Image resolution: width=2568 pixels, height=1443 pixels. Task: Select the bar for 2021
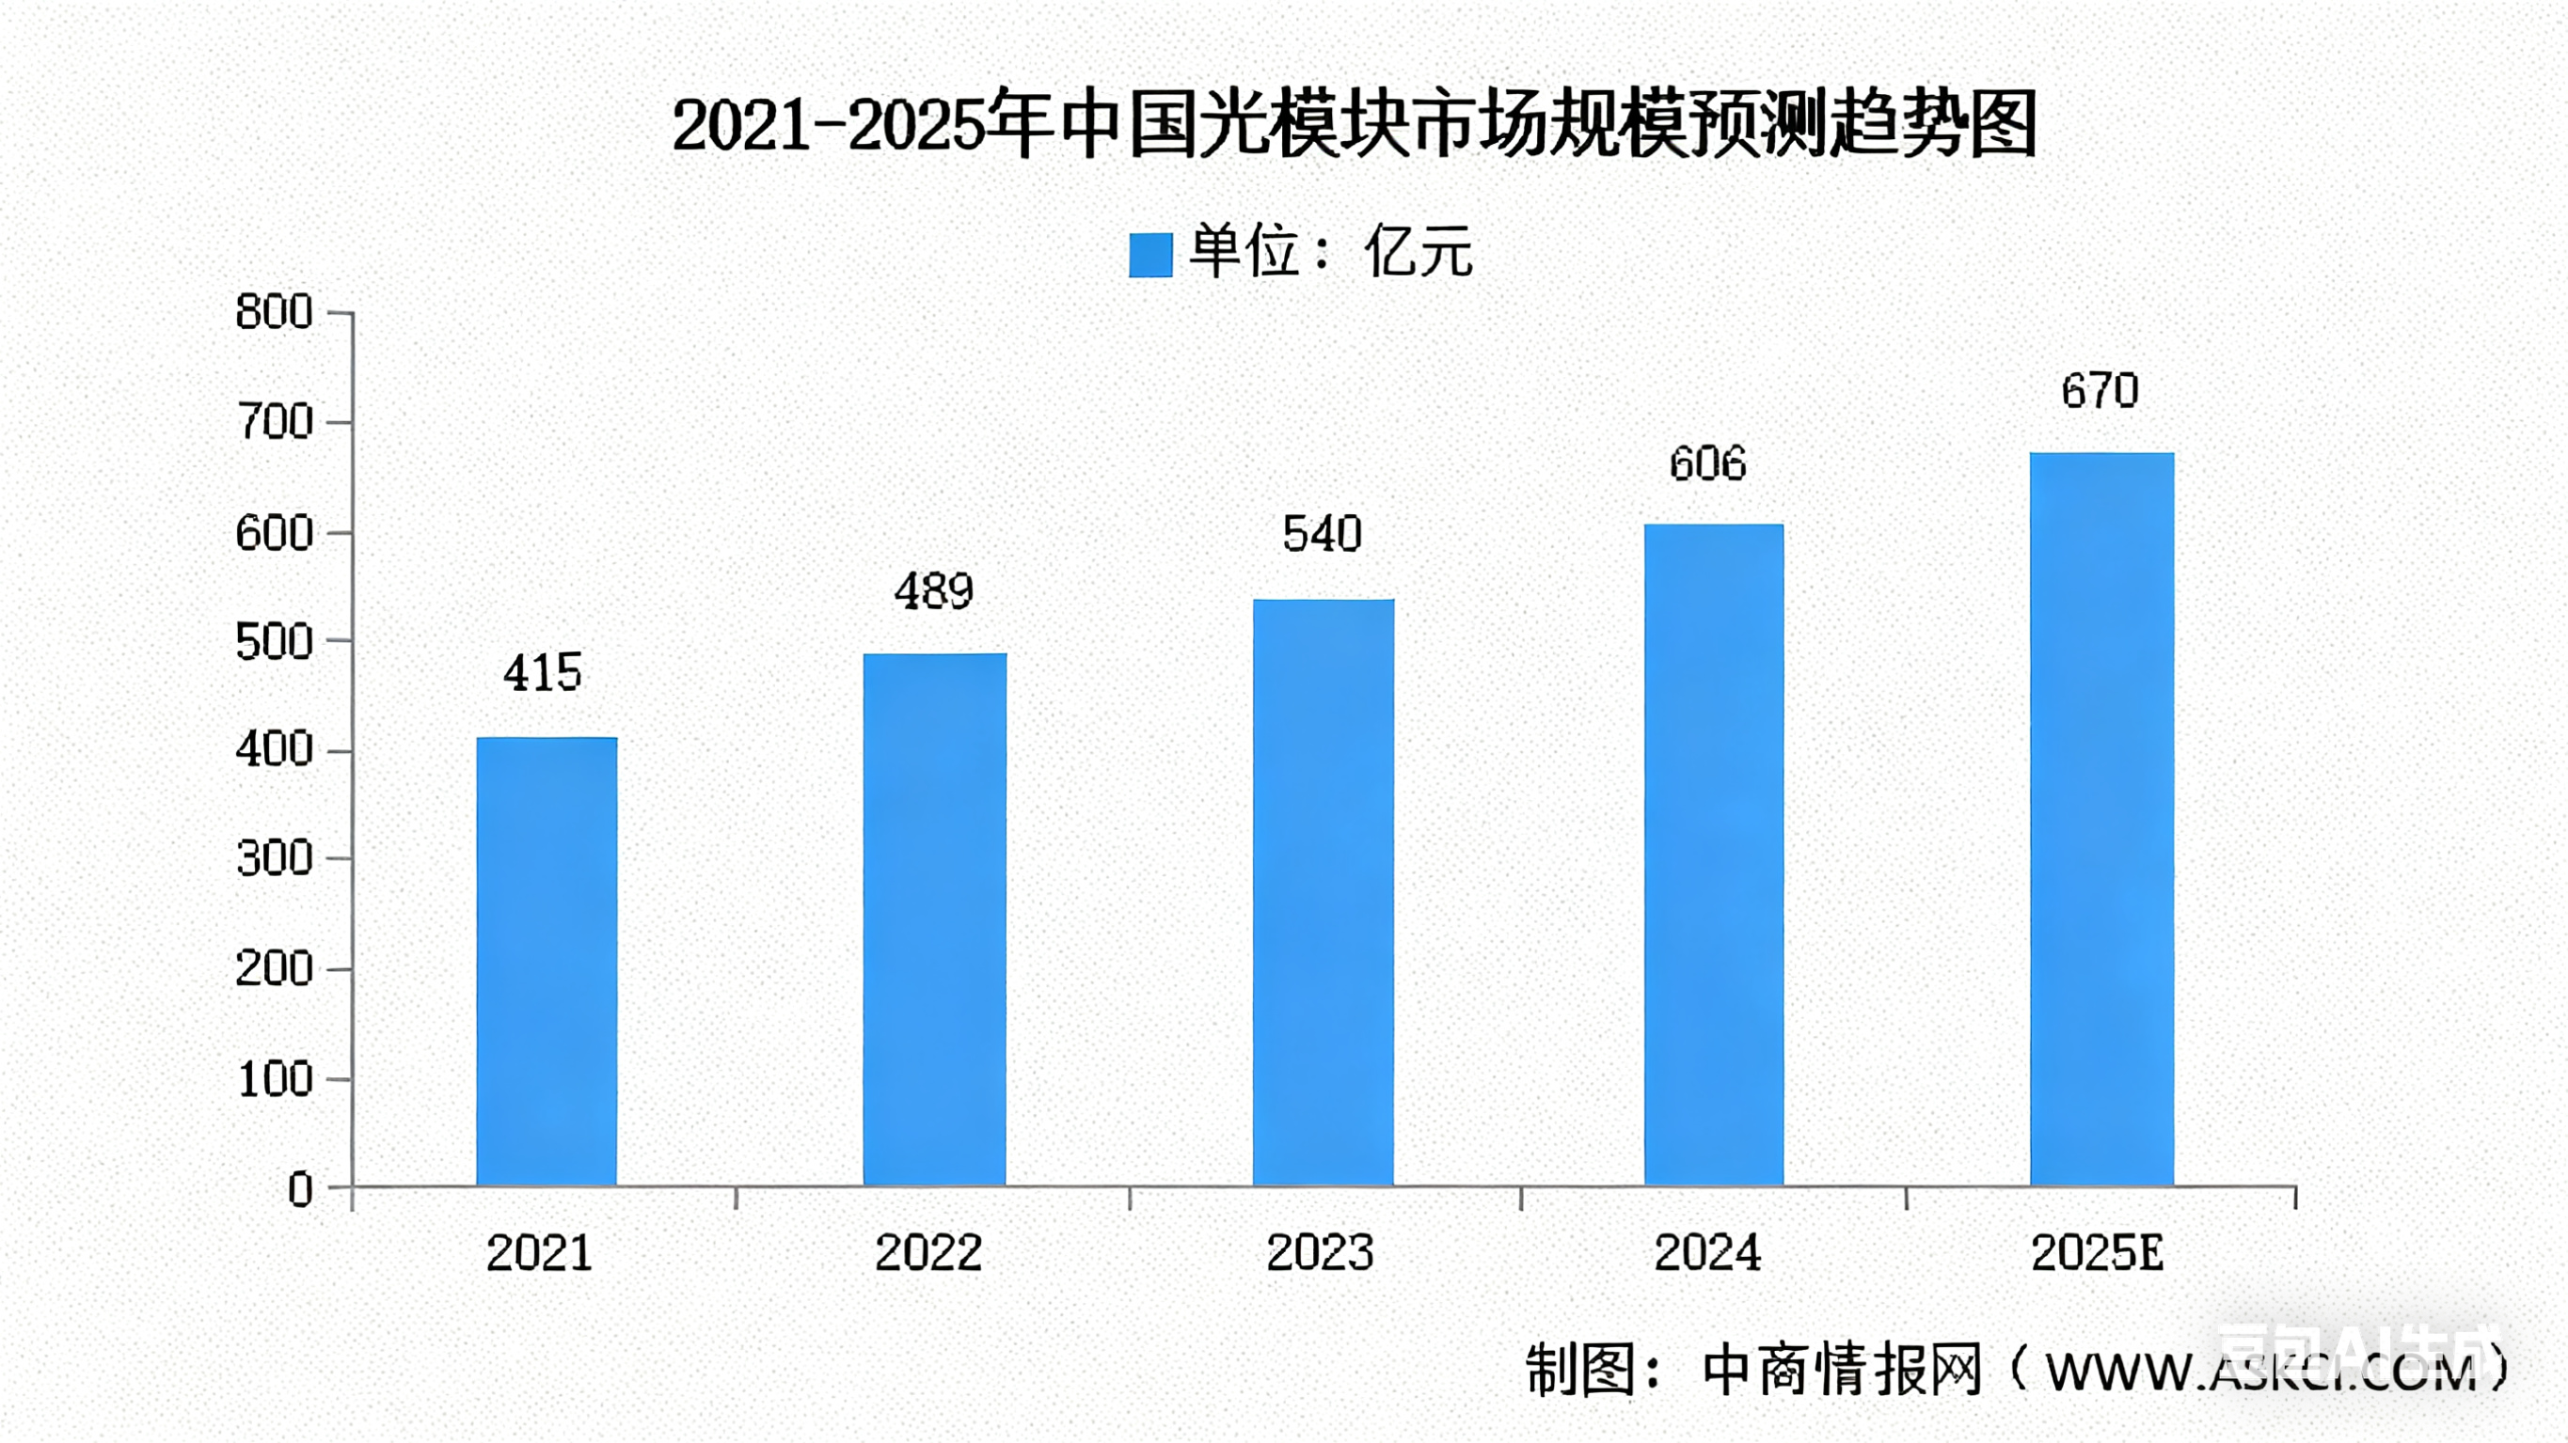click(x=547, y=961)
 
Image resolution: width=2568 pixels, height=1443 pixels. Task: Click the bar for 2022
click(x=934, y=918)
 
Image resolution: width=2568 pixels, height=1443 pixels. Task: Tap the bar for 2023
click(x=1323, y=892)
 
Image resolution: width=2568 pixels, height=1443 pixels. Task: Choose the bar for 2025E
click(x=2101, y=818)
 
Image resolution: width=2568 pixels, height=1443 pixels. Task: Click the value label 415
click(x=543, y=674)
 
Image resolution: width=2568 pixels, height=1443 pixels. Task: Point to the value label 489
click(x=933, y=592)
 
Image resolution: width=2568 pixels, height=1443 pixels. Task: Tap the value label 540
click(x=1322, y=535)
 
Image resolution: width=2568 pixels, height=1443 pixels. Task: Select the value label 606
click(x=1707, y=464)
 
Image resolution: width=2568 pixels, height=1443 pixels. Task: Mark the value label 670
click(x=2100, y=391)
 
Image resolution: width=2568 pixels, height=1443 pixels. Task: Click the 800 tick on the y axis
click(x=274, y=313)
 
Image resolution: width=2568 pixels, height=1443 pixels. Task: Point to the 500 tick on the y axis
click(x=274, y=643)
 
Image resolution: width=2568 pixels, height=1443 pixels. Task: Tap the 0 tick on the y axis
click(x=300, y=1189)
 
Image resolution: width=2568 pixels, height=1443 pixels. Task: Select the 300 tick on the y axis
click(x=274, y=859)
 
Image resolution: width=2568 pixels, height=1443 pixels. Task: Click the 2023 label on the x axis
click(x=1320, y=1254)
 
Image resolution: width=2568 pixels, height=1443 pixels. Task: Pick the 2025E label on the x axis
click(x=2098, y=1254)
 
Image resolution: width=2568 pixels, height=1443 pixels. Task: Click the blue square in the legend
click(x=1149, y=255)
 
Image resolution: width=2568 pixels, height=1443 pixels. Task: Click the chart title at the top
click(x=1354, y=127)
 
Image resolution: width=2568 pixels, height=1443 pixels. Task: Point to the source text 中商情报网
click(x=1841, y=1372)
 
